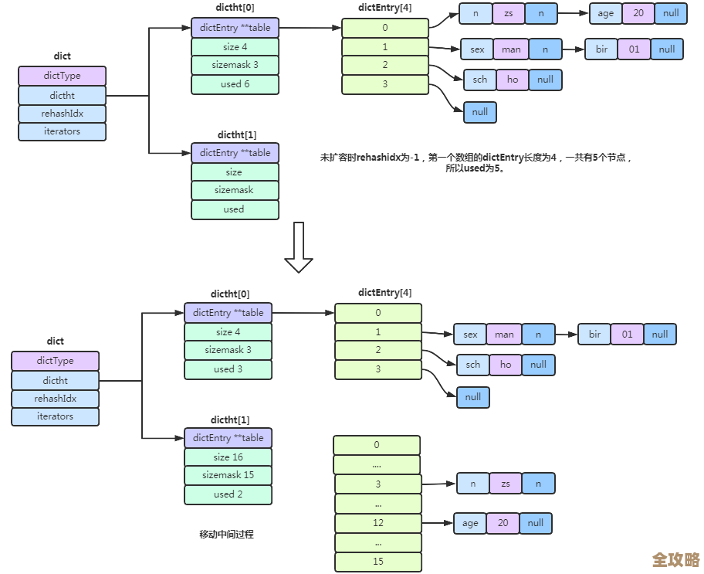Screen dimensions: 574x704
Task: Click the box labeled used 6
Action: pyautogui.click(x=235, y=84)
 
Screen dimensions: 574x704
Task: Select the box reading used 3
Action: pyautogui.click(x=228, y=369)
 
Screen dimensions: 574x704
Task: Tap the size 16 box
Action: pyautogui.click(x=228, y=457)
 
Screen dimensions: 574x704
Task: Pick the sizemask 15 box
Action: pyautogui.click(x=228, y=476)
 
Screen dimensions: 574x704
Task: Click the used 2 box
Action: pyautogui.click(x=228, y=494)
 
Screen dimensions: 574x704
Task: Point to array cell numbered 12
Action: pyautogui.click(x=377, y=523)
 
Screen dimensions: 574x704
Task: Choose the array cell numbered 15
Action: pyautogui.click(x=377, y=562)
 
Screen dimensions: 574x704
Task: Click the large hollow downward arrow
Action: pyautogui.click(x=298, y=248)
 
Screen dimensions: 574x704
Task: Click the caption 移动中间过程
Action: pyautogui.click(x=226, y=534)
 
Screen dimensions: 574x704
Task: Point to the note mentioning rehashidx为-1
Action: pyautogui.click(x=476, y=162)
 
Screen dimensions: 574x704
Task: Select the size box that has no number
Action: pyautogui.click(x=235, y=172)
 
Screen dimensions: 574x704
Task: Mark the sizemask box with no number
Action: pyautogui.click(x=235, y=190)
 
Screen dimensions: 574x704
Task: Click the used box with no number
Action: pyautogui.click(x=235, y=209)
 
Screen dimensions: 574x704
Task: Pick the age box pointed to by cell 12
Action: pyautogui.click(x=470, y=523)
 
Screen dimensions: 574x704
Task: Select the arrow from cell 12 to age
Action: pyautogui.click(x=438, y=523)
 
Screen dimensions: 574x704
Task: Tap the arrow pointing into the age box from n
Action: pyautogui.click(x=573, y=13)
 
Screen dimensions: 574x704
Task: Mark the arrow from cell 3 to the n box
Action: pyautogui.click(x=438, y=484)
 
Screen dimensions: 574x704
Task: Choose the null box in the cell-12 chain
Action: pyautogui.click(x=535, y=523)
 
